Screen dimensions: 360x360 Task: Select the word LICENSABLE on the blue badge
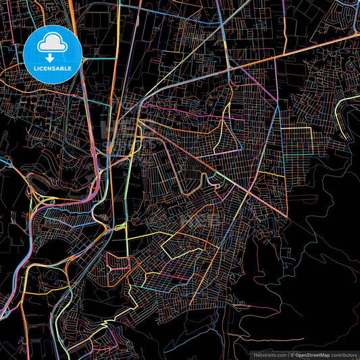tap(53, 69)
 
